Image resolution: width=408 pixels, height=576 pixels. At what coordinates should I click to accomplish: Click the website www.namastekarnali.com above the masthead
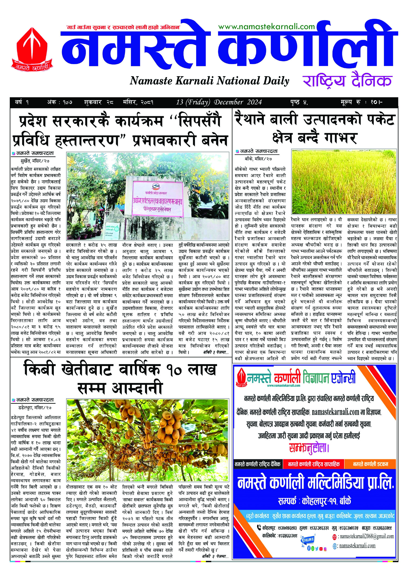pyautogui.click(x=266, y=27)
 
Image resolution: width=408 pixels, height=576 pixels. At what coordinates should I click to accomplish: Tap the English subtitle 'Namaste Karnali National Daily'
pyautogui.click(x=209, y=81)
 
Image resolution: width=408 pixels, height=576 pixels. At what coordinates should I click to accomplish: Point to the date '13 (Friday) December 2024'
pyautogui.click(x=219, y=102)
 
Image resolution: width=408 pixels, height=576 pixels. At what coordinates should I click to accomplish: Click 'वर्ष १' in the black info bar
pyautogui.click(x=22, y=102)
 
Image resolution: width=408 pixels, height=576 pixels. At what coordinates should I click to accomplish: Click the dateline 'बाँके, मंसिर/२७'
pyautogui.click(x=258, y=159)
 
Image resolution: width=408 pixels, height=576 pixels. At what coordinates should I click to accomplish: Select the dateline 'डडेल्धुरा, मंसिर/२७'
pyautogui.click(x=35, y=408)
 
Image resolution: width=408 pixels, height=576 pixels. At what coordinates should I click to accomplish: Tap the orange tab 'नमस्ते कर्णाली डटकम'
pyautogui.click(x=370, y=464)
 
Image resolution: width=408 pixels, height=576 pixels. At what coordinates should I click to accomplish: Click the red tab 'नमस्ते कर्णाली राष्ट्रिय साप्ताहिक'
pyautogui.click(x=314, y=464)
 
